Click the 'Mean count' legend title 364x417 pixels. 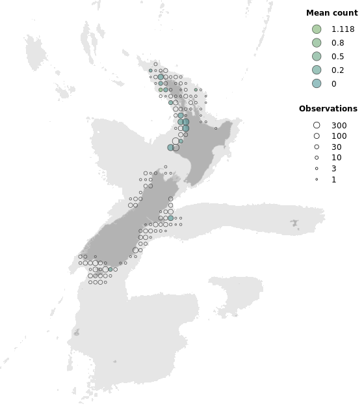pos(331,13)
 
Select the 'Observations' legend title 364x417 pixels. pos(328,109)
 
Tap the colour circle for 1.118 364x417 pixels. pos(317,29)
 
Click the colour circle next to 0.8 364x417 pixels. pos(317,42)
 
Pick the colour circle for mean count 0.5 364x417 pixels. pos(317,56)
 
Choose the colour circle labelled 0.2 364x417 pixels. pos(317,70)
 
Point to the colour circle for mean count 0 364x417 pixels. pos(317,83)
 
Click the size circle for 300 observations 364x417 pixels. pos(317,125)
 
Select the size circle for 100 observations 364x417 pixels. pos(317,136)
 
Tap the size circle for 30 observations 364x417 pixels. pos(317,147)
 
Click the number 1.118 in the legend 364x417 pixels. pos(343,29)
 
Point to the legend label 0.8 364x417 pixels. pos(337,43)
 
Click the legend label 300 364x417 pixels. pos(339,126)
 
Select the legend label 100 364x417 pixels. pos(339,136)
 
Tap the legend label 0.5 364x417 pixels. pos(337,57)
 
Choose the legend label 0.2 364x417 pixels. pos(337,70)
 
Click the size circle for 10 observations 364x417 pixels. pos(317,158)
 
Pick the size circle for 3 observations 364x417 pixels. pos(317,169)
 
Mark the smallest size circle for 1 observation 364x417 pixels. pos(317,179)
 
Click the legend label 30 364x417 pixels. pos(337,147)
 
